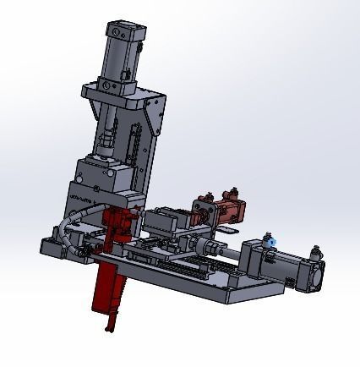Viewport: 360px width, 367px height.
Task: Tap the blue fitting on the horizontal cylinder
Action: pyautogui.click(x=269, y=241)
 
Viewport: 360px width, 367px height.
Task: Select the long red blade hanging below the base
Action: pyautogui.click(x=111, y=288)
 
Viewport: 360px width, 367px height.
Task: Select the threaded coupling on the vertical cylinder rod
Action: pyautogui.click(x=106, y=140)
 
